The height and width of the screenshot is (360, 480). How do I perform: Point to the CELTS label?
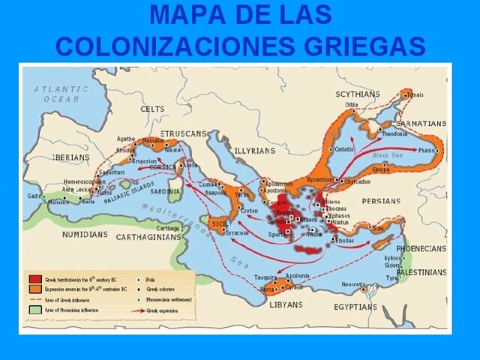tap(152, 109)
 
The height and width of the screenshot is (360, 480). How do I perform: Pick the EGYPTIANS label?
tap(355, 306)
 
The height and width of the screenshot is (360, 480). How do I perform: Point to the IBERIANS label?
tap(71, 157)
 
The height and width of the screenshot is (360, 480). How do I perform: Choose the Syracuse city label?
tap(238, 232)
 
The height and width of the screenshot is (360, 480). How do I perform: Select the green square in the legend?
tap(34, 309)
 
